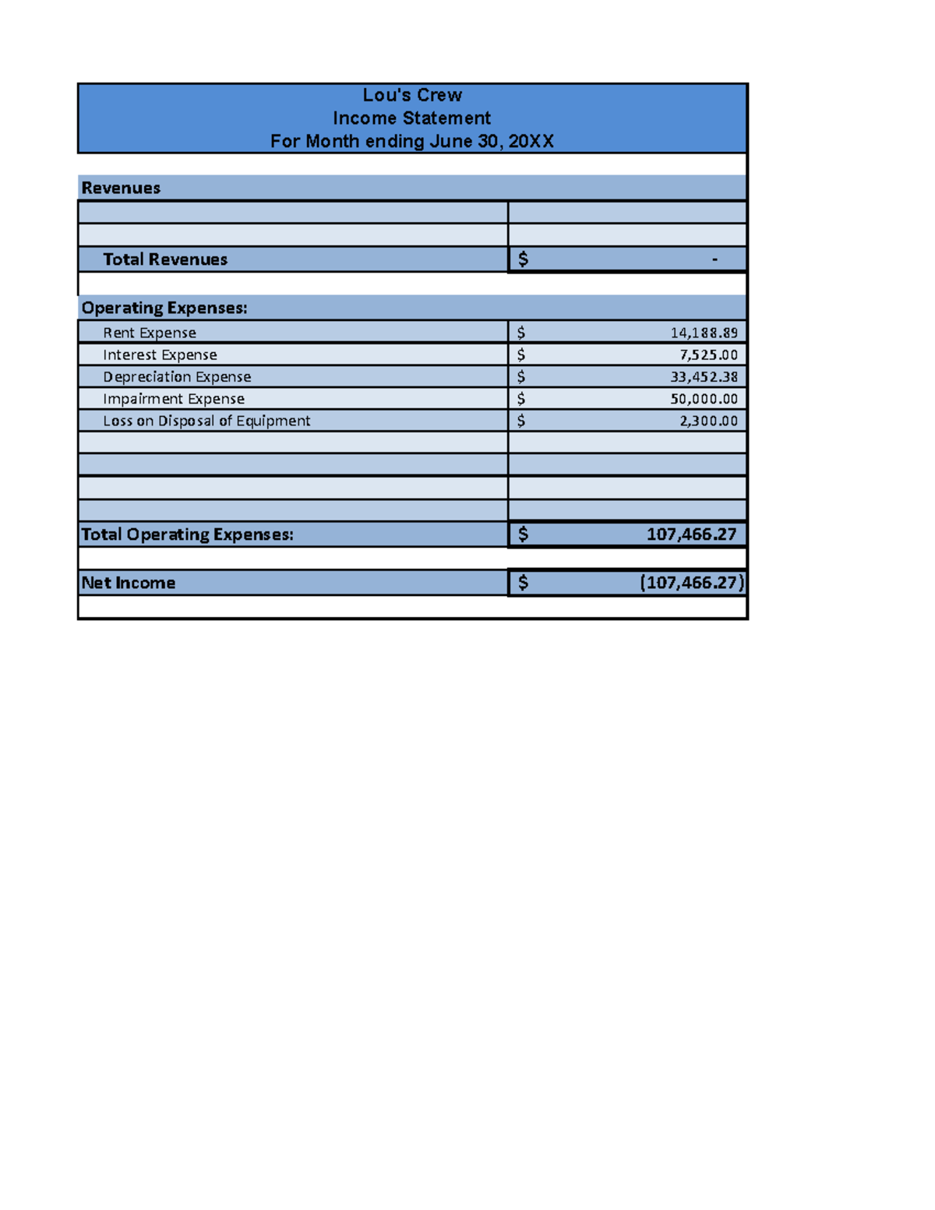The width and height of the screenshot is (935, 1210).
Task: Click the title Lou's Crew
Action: click(412, 95)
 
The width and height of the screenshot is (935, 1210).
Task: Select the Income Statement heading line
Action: click(412, 118)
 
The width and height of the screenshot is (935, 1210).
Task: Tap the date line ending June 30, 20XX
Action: click(412, 141)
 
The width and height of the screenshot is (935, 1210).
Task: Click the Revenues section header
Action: click(121, 188)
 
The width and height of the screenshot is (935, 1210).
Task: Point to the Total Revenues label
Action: click(165, 259)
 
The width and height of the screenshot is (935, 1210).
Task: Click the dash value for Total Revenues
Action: click(714, 259)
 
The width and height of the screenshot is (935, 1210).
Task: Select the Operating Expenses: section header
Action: click(164, 308)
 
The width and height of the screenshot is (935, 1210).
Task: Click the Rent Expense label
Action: click(150, 333)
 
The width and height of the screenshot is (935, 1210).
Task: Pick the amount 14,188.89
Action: click(704, 333)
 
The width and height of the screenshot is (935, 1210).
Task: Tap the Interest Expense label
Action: click(160, 355)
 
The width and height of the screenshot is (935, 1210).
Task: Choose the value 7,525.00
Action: click(708, 355)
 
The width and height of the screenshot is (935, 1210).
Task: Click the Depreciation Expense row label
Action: click(177, 376)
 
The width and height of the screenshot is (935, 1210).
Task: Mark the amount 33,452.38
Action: click(704, 376)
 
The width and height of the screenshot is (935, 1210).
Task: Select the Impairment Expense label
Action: click(174, 398)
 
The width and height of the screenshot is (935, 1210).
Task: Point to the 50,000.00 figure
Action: click(704, 398)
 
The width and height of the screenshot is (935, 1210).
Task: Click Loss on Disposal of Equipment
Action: click(206, 421)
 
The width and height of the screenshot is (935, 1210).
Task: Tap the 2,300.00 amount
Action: click(708, 421)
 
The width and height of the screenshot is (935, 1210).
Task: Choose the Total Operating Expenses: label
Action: click(188, 534)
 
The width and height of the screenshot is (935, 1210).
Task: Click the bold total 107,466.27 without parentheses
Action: click(691, 534)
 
